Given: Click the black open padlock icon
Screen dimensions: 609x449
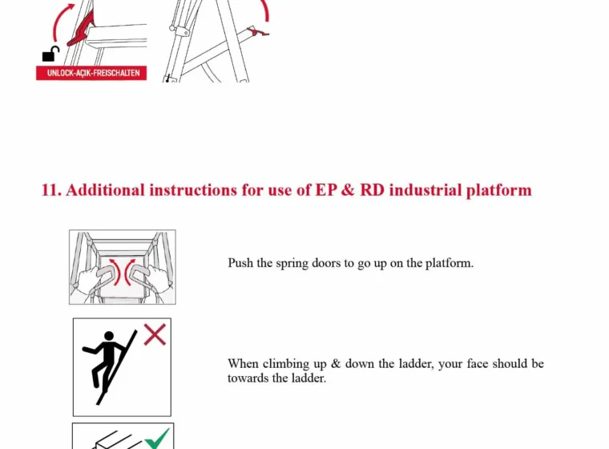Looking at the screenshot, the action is [50, 55].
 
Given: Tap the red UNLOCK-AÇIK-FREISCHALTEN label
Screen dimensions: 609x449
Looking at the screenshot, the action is [91, 73].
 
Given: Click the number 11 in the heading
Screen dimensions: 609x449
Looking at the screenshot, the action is [50, 190].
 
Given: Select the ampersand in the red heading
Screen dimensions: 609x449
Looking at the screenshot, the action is [348, 190].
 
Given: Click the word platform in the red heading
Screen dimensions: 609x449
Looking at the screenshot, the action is [498, 191].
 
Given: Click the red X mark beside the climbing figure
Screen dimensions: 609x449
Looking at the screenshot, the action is [155, 334].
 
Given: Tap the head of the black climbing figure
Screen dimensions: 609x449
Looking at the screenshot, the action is [109, 335].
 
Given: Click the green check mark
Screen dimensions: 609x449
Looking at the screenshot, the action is [157, 439].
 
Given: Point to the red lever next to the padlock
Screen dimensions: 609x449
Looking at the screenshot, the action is [82, 30].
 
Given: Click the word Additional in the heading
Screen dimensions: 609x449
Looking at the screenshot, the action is [105, 190].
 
